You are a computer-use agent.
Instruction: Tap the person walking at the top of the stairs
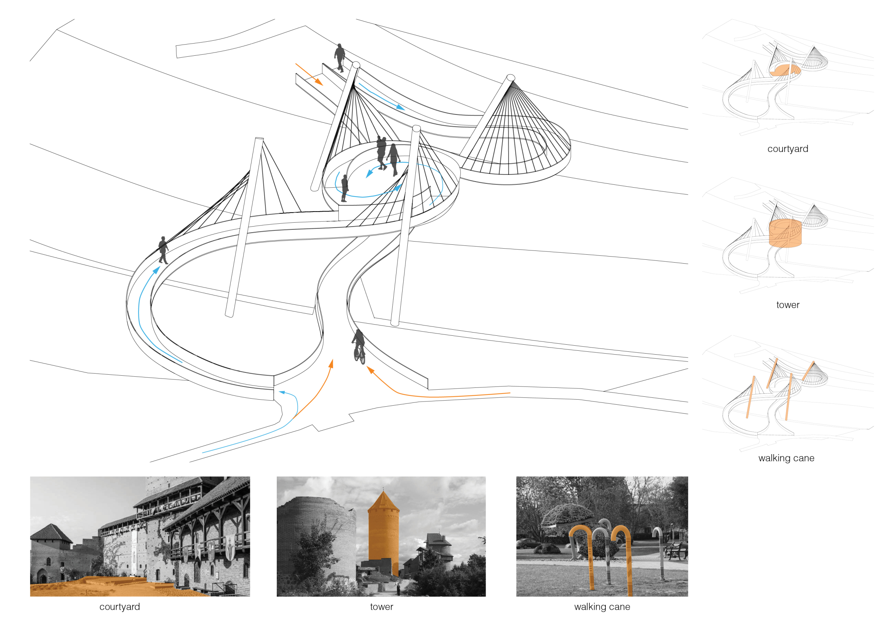[x=340, y=58]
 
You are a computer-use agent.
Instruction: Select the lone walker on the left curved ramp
[x=163, y=250]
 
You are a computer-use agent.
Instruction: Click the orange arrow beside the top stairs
[x=309, y=74]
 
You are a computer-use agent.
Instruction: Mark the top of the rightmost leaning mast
[x=511, y=77]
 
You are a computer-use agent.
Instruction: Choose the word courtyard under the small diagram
[x=788, y=149]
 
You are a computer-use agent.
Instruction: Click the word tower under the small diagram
[x=788, y=305]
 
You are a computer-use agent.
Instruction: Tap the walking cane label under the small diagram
[x=786, y=458]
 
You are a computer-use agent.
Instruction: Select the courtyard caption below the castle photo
[x=120, y=607]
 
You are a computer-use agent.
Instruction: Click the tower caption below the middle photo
[x=381, y=607]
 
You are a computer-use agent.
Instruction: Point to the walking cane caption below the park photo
[x=602, y=607]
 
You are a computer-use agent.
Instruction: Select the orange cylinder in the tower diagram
[x=785, y=233]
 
